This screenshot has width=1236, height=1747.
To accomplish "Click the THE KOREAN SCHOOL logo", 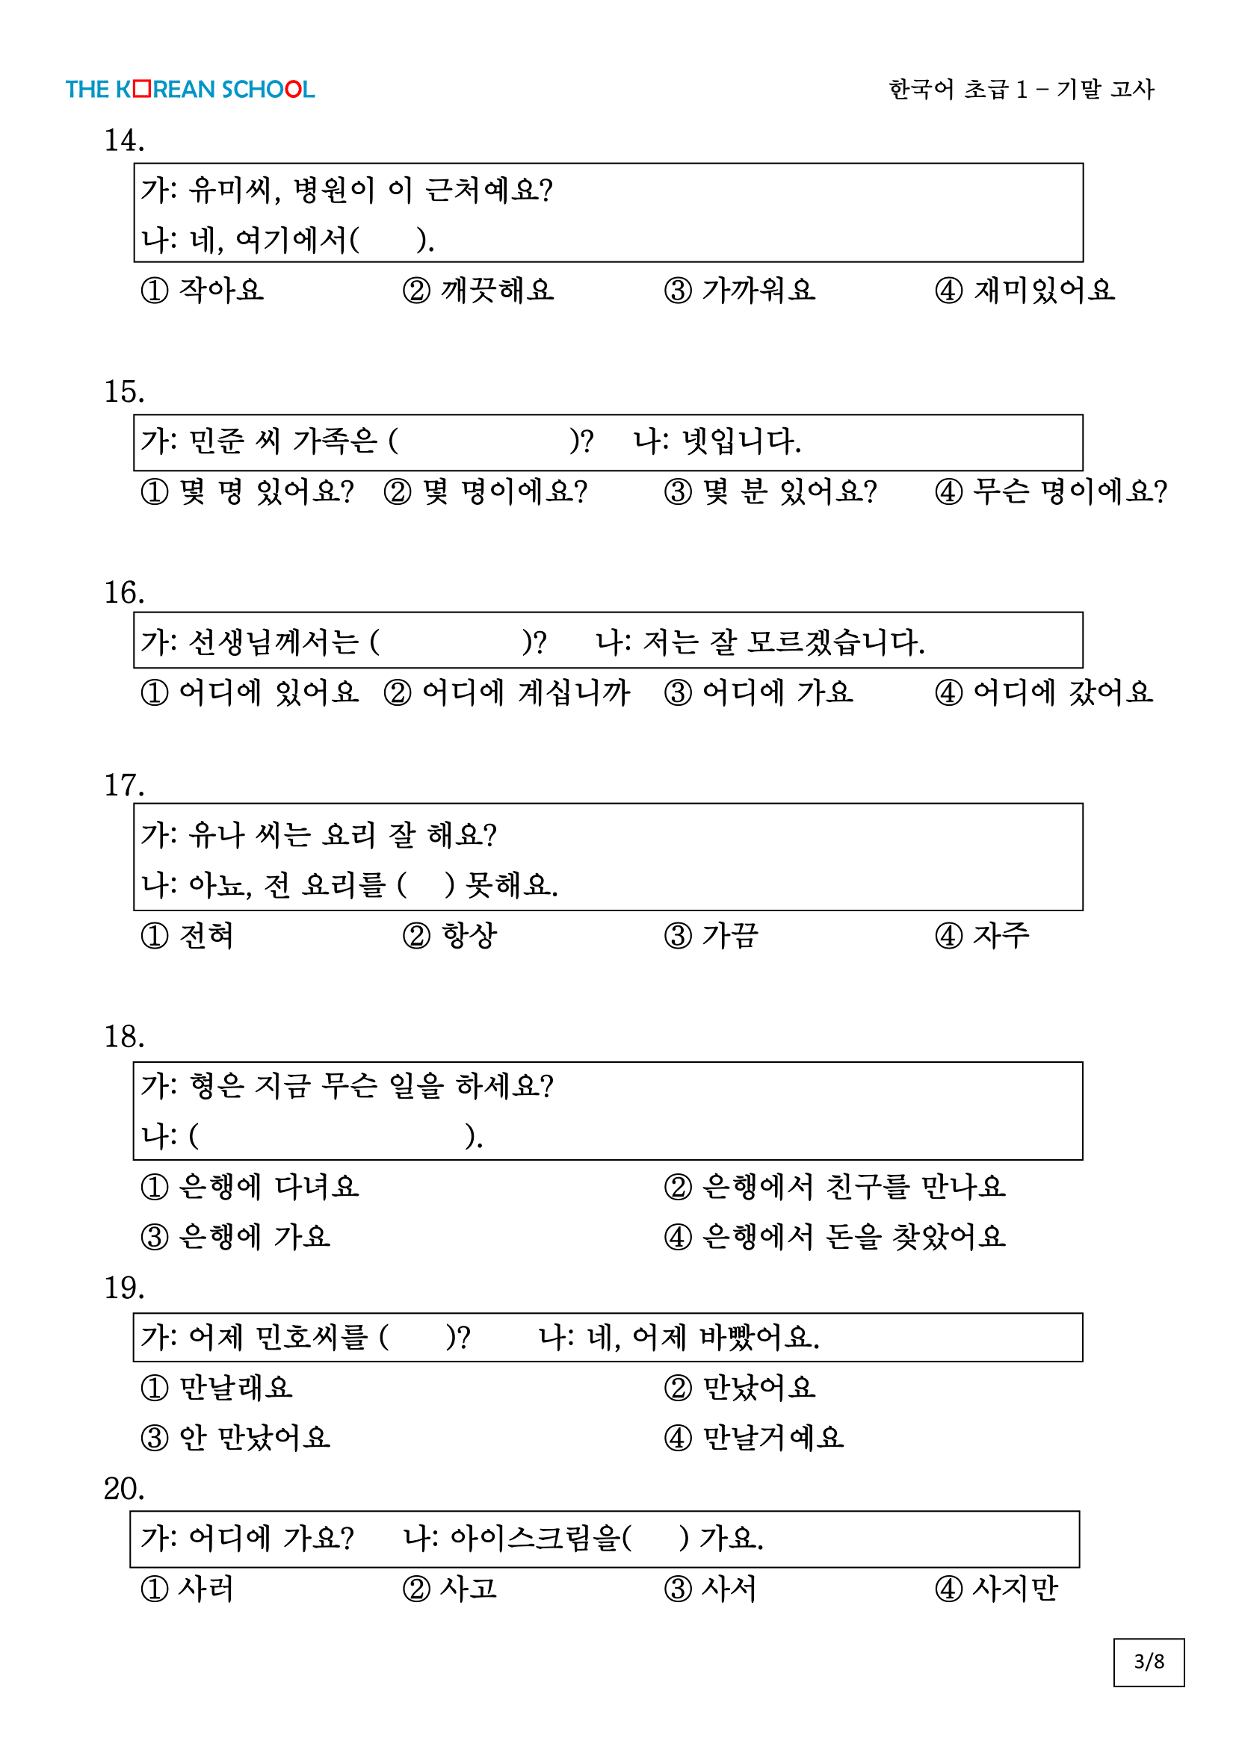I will click(x=190, y=90).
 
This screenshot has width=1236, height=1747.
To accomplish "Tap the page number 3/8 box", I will click(x=1148, y=1662).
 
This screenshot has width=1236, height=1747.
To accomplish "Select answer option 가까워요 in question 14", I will click(x=740, y=291).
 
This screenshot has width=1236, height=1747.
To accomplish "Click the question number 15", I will click(x=124, y=392).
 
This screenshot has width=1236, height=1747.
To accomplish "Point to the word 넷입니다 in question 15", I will click(x=741, y=441).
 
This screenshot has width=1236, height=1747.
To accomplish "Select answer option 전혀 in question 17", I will click(x=188, y=936).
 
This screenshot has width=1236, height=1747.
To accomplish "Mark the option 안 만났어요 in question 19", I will click(x=236, y=1438).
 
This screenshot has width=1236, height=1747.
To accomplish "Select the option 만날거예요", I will click(x=754, y=1438).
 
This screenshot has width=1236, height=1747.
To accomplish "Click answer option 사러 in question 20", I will click(x=188, y=1589).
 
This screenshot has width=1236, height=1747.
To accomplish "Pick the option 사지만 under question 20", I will click(x=996, y=1589).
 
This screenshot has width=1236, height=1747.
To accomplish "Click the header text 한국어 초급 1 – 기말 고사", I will click(x=1021, y=90).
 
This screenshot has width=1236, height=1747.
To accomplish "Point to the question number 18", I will click(x=124, y=1037).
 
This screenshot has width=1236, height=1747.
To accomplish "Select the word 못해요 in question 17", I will click(x=510, y=885).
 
